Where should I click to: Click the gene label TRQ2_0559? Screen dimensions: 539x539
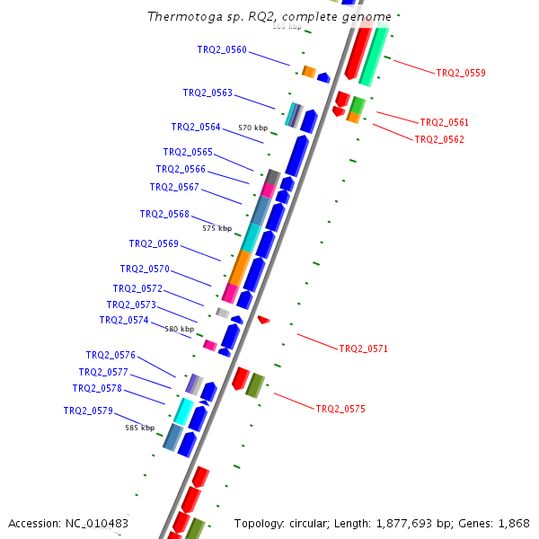[x=461, y=73]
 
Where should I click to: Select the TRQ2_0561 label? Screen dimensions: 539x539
[x=444, y=122]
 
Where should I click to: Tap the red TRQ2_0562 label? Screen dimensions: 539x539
[x=439, y=139]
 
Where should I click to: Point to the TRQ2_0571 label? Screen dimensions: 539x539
[x=363, y=349]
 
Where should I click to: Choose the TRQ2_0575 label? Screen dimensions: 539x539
[x=340, y=409]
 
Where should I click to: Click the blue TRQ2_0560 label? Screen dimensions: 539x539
[x=222, y=49]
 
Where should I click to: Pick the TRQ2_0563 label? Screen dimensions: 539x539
[x=208, y=93]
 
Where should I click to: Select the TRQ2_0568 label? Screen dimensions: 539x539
[x=164, y=214]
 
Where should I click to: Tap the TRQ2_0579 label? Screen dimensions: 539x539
[x=88, y=411]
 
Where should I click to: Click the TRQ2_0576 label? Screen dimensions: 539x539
[x=110, y=355]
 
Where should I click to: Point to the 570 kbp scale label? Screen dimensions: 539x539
[x=252, y=128]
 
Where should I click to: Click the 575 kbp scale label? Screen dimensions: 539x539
[x=216, y=228]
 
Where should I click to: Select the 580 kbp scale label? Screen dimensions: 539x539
[x=179, y=329]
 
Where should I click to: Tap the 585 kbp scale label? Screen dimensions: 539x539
[x=139, y=428]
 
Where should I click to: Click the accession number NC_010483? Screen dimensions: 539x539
[x=96, y=523]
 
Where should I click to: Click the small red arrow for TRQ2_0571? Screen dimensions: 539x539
[x=263, y=319]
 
